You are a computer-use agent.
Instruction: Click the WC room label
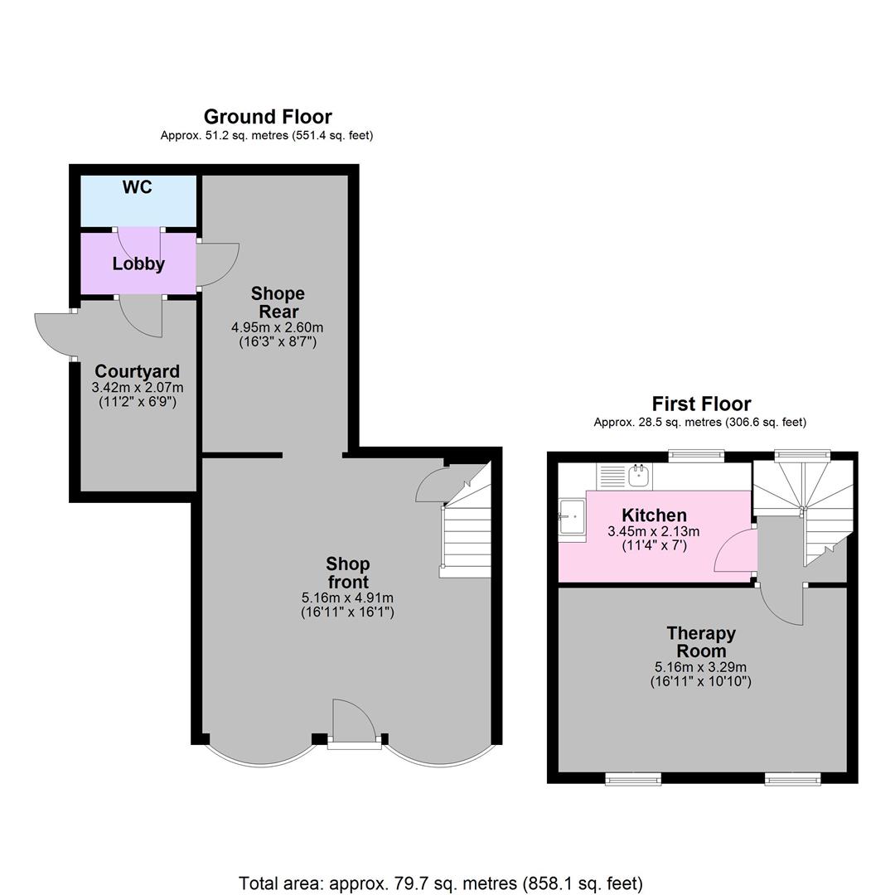coord(138,187)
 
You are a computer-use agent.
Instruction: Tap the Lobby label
coord(138,264)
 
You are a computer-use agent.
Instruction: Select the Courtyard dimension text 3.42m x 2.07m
coord(138,387)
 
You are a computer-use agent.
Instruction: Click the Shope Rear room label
coord(278,302)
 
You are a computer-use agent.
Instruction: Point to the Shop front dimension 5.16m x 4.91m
coord(347,597)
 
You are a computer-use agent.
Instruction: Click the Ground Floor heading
coord(268,117)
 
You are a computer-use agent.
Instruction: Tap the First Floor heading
coord(701,404)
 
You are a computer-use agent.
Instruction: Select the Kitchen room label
coord(654,515)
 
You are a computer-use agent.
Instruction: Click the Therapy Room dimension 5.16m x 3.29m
coord(700,667)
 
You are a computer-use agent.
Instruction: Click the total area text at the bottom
coord(440,883)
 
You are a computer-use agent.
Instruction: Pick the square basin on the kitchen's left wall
coord(572,519)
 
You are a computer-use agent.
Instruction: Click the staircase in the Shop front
coord(467,530)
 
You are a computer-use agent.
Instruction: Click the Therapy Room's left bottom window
coord(633,778)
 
